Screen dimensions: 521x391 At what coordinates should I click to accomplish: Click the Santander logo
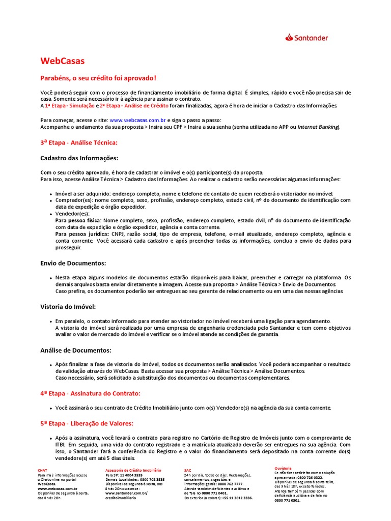[306, 38]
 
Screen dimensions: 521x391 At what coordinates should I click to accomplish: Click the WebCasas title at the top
[63, 61]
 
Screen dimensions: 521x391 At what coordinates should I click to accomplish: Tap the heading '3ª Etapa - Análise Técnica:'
[79, 142]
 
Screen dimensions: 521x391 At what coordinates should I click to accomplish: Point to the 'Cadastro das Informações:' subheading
[79, 158]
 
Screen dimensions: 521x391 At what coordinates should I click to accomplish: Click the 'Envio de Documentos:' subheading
[73, 263]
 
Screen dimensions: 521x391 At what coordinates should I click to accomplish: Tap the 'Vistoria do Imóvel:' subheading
[68, 307]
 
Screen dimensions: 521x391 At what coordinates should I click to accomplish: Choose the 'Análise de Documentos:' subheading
[76, 350]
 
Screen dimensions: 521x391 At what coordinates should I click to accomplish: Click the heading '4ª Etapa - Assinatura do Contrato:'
[90, 393]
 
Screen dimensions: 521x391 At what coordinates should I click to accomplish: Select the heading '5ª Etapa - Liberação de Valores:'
[87, 423]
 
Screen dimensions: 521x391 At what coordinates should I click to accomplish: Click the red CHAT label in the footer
[43, 470]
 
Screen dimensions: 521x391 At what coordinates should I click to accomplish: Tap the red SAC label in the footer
[188, 470]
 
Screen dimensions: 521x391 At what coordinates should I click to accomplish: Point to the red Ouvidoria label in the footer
[283, 467]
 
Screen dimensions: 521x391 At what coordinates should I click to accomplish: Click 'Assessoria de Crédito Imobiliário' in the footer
[133, 470]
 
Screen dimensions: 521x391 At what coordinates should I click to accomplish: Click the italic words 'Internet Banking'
[318, 127]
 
